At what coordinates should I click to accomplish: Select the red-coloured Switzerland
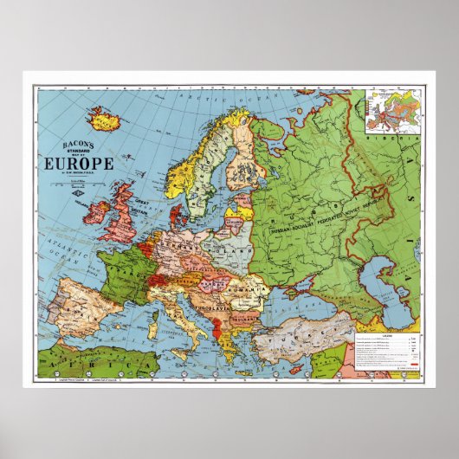coord(158,279)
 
